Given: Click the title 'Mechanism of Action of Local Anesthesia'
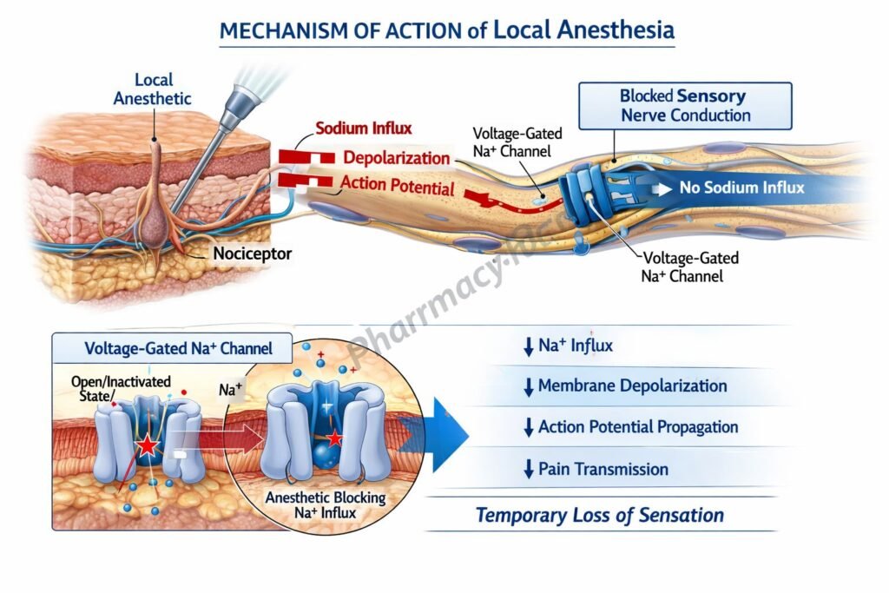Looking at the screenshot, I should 447,30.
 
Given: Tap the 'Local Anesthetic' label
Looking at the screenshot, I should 153,89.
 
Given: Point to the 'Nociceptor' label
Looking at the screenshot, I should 253,254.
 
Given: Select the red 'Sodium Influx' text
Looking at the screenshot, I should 363,128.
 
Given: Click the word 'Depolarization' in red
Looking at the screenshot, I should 397,158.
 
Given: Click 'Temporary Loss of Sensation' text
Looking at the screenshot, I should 599,515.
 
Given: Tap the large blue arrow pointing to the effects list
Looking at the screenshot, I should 448,434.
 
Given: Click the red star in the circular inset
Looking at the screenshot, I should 335,439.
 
